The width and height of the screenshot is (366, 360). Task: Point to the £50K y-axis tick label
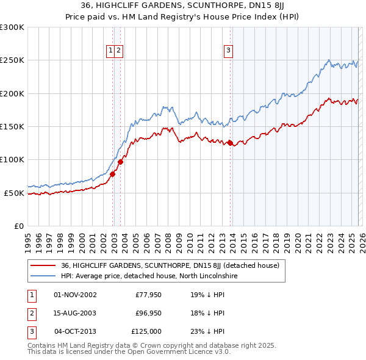tap(14, 193)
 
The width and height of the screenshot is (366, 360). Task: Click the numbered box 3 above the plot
tap(228, 51)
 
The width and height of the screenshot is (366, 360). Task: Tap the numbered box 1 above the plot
tap(110, 51)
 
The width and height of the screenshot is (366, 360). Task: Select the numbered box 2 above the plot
tap(119, 51)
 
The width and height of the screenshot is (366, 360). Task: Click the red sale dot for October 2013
tap(230, 143)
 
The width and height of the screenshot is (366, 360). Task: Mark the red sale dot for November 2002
tap(112, 175)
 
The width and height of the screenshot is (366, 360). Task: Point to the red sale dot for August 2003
tap(121, 162)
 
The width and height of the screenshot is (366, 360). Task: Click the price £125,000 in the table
tap(146, 331)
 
